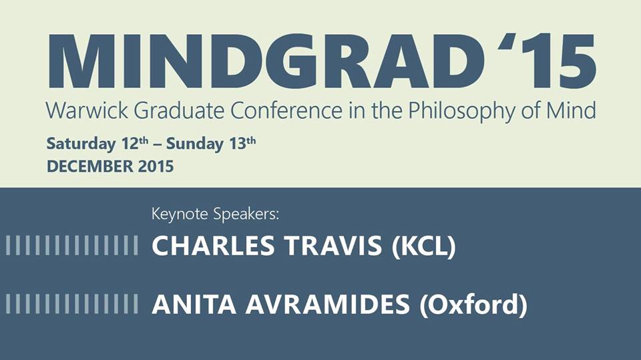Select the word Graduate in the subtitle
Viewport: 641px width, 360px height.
coord(179,110)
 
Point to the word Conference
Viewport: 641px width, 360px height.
coord(286,110)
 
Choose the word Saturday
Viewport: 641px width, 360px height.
coord(81,144)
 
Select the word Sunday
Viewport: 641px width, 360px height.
coord(195,144)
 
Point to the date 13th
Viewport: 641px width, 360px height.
coord(242,143)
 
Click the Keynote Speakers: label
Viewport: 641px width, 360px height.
coord(215,214)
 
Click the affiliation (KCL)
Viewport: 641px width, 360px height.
coord(423,246)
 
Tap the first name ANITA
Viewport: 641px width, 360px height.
coord(194,305)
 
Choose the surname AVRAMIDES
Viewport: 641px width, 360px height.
coord(327,305)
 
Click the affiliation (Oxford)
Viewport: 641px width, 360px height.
coord(473,305)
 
